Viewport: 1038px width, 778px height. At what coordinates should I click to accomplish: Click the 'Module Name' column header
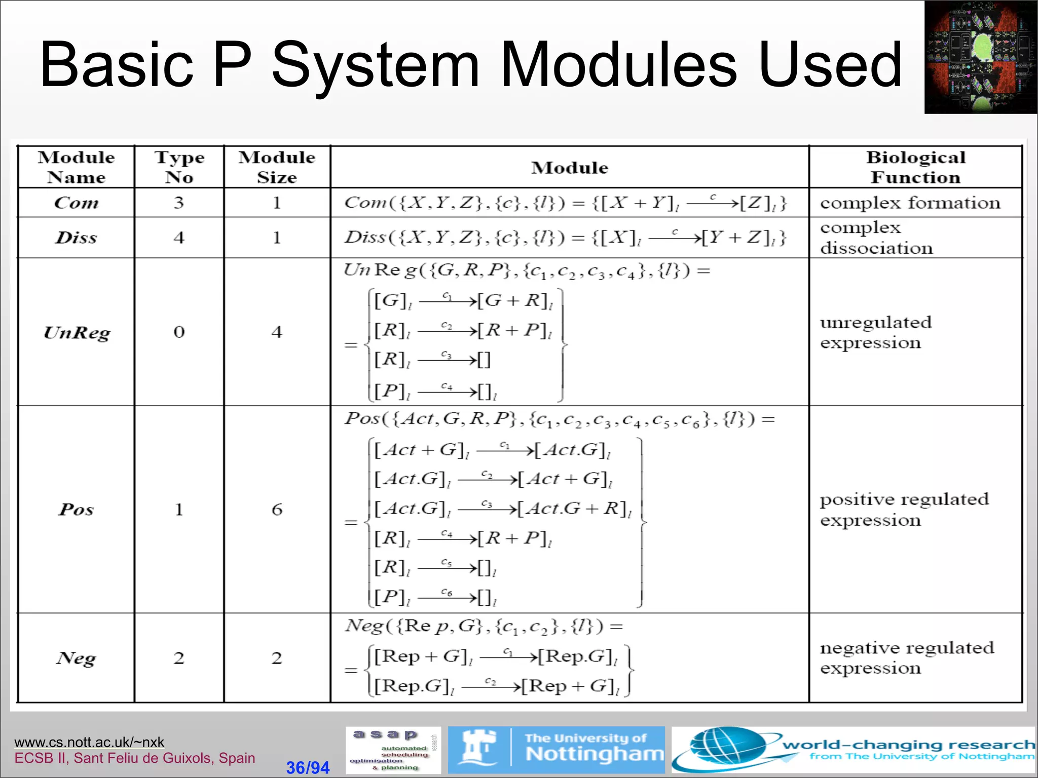tap(76, 167)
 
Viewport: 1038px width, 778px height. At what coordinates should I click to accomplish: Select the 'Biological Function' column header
tap(915, 167)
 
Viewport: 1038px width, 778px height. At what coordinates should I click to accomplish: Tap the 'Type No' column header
tap(179, 167)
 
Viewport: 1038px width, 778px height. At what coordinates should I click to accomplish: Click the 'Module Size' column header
tap(277, 167)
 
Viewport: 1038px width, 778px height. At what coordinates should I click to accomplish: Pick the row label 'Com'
tap(76, 203)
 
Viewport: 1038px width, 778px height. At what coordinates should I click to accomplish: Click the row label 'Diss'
tap(76, 238)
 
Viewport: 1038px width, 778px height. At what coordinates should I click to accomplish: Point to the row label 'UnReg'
tap(77, 332)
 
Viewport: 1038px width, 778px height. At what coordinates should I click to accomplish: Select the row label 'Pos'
tap(76, 509)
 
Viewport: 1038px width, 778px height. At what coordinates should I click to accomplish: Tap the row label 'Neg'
tap(76, 658)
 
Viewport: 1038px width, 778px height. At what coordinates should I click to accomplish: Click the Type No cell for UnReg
tap(179, 332)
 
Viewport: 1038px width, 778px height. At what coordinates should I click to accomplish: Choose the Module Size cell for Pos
tap(277, 509)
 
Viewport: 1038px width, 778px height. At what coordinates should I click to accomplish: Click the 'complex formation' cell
tap(910, 203)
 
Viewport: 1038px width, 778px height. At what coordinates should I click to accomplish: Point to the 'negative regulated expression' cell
tap(907, 657)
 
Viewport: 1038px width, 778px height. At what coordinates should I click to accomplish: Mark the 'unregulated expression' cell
tap(876, 332)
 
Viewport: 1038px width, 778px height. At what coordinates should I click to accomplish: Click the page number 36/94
tap(308, 767)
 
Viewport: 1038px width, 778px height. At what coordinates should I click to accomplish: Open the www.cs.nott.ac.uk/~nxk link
tap(89, 742)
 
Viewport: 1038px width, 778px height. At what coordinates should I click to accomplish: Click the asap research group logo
tap(393, 750)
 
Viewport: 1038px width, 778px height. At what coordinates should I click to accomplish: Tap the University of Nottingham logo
tap(556, 750)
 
